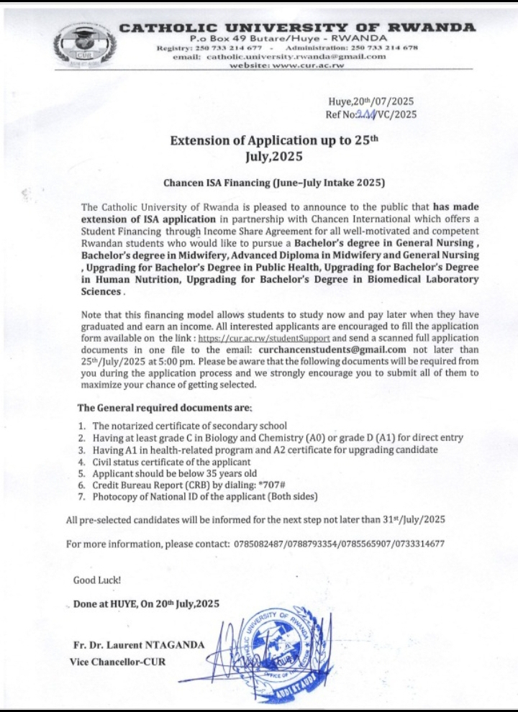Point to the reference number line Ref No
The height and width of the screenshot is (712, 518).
point(371,114)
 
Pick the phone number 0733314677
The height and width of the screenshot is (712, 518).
point(419,544)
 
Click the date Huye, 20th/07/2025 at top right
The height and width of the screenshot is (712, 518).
point(371,101)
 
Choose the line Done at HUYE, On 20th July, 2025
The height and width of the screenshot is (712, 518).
point(146,604)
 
